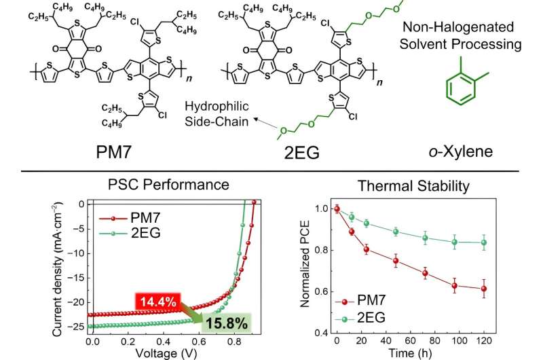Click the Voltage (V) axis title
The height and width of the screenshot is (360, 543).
(x=165, y=353)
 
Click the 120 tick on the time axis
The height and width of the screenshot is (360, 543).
(x=503, y=342)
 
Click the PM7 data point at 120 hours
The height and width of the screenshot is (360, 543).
(x=503, y=289)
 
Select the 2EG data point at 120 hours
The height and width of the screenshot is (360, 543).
(x=503, y=242)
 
